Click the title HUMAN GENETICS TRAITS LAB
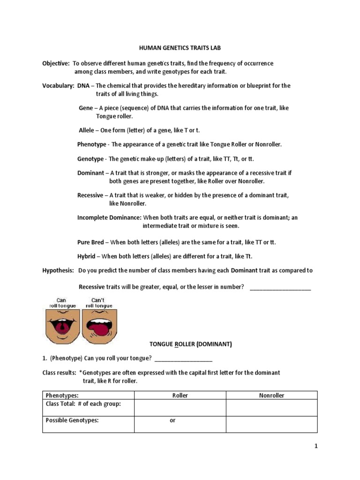tap(180, 48)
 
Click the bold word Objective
tap(56, 63)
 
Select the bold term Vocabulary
tap(58, 86)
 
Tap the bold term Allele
tap(86, 130)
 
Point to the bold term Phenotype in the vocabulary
tap(92, 144)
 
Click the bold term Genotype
tap(90, 159)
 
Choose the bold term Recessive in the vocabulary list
tap(91, 195)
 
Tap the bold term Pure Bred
tap(90, 242)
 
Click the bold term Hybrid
tap(86, 256)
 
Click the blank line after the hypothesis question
tap(280, 287)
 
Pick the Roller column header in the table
tap(180, 395)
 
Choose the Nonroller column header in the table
tap(272, 395)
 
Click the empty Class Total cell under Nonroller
tap(272, 408)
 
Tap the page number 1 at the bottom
tap(316, 446)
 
